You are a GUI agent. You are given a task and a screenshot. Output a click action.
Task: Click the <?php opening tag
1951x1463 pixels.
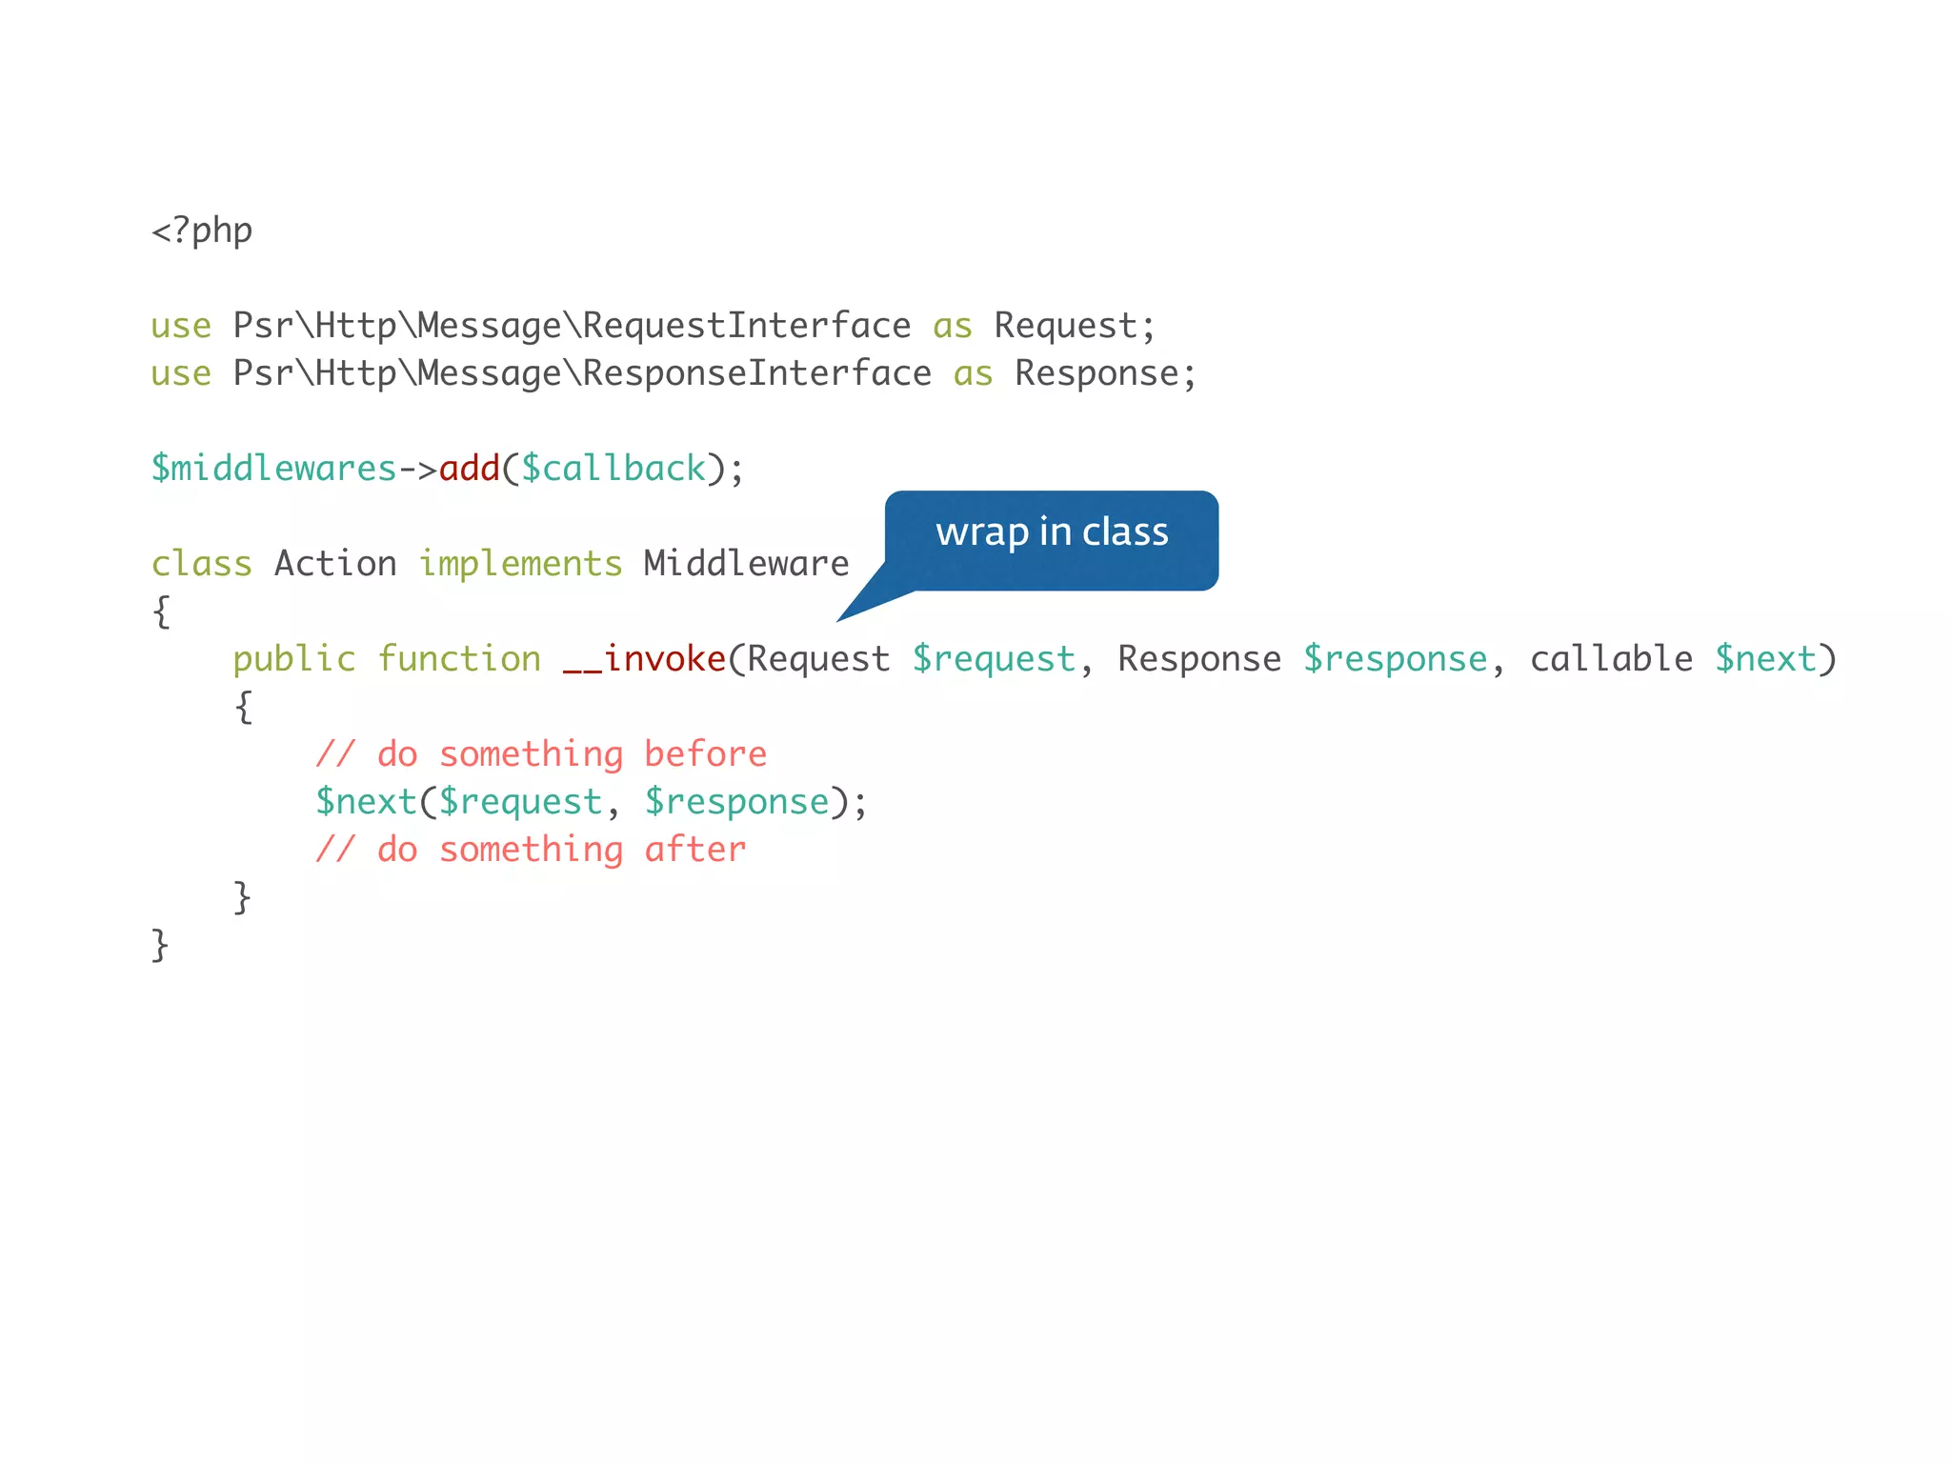[202, 231]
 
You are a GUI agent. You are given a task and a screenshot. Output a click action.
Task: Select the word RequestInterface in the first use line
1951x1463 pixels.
[746, 327]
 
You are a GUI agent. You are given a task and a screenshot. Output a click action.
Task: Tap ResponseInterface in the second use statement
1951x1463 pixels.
[756, 374]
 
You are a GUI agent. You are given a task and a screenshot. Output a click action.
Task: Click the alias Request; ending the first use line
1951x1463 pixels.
[1074, 327]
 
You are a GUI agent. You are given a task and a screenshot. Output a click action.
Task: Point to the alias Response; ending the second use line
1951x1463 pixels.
[1104, 374]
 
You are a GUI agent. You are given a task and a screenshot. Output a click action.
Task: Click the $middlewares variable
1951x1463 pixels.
[273, 470]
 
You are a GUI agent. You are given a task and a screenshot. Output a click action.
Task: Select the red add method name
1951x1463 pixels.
[470, 470]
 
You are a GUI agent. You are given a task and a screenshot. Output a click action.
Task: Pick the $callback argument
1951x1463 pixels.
[613, 470]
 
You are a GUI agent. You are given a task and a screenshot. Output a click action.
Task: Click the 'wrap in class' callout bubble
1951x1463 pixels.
[1051, 533]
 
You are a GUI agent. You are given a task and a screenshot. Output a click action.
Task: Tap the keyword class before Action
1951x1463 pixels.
[202, 565]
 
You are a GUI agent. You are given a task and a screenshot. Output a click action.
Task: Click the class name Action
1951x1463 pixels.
[335, 565]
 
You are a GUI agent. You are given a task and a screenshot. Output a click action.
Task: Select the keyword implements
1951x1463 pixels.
[520, 565]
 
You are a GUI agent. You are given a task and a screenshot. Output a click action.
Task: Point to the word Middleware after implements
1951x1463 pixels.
[746, 565]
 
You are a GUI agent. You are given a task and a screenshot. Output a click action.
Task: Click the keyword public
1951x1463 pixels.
[293, 660]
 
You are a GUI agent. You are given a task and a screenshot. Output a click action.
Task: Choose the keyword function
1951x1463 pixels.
[459, 660]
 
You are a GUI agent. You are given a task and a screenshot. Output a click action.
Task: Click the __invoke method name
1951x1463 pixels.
[645, 660]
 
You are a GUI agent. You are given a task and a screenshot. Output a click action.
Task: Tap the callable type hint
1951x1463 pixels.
[1611, 660]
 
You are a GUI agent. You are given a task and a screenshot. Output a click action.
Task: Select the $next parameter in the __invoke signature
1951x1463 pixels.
[1765, 660]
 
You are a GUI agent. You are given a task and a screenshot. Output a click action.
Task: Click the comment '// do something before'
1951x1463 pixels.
[541, 755]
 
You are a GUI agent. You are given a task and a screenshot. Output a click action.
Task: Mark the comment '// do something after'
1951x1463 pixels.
[531, 851]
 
